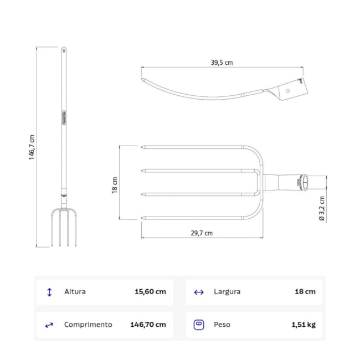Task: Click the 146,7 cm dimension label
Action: (32, 147)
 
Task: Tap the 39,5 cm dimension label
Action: (222, 63)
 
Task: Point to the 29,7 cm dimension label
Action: (202, 233)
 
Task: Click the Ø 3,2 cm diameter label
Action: (322, 208)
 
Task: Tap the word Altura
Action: (75, 291)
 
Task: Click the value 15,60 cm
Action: (150, 291)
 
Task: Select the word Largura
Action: (227, 291)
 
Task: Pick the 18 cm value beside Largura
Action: (305, 291)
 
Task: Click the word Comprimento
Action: (88, 325)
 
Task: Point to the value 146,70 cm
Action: (148, 325)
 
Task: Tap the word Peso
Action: (222, 325)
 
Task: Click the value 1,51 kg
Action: (304, 325)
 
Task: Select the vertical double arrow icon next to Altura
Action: (49, 292)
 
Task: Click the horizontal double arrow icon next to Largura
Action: (199, 292)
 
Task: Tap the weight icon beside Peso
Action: (199, 325)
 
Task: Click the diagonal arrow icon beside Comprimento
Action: (49, 325)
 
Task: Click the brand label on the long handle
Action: (64, 117)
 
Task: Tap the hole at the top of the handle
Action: (64, 50)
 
